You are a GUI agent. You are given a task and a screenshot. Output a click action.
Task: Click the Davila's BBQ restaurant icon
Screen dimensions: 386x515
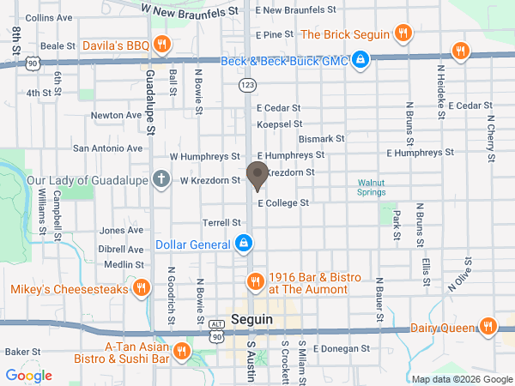(x=161, y=45)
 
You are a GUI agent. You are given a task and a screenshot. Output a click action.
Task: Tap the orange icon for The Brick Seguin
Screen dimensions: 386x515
(x=403, y=34)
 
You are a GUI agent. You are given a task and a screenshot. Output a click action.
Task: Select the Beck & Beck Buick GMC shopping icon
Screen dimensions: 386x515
(x=361, y=60)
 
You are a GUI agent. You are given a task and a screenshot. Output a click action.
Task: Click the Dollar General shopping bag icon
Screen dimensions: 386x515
(x=244, y=244)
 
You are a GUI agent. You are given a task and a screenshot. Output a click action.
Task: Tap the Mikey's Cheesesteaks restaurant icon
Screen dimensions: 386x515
(x=141, y=289)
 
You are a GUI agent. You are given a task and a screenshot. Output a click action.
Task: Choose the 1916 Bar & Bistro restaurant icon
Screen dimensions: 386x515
(x=254, y=282)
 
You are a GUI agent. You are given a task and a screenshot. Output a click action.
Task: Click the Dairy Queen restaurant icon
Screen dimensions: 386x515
(x=488, y=326)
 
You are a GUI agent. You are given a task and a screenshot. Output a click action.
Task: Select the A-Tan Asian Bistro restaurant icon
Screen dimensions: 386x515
(x=182, y=351)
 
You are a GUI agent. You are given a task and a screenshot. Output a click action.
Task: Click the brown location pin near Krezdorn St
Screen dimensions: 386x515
(x=257, y=176)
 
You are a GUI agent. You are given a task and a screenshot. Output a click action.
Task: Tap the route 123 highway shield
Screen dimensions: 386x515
(x=247, y=85)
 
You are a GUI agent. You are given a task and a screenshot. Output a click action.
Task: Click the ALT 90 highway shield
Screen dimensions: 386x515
(x=216, y=330)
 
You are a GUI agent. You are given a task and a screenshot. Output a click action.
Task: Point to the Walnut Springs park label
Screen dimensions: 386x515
(x=372, y=187)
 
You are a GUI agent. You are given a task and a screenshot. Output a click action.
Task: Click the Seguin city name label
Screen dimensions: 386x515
(x=251, y=318)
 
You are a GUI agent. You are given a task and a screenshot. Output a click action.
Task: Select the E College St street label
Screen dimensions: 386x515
(x=282, y=203)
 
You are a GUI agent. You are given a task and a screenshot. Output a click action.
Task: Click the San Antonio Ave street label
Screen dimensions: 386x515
(x=107, y=148)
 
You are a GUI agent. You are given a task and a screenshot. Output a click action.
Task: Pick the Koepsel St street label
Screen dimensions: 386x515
(x=276, y=124)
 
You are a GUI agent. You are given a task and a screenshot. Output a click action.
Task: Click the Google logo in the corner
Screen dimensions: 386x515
(x=28, y=376)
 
